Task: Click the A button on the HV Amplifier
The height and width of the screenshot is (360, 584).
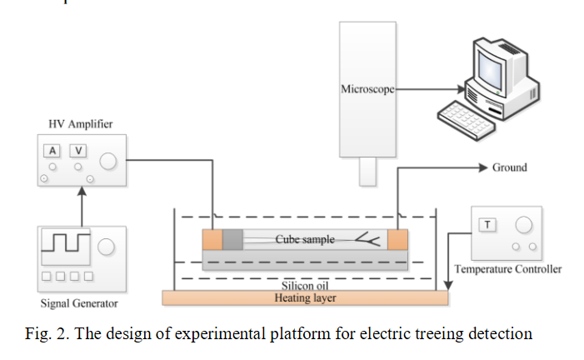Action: click(x=52, y=151)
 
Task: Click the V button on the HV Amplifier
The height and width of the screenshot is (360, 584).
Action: click(x=78, y=151)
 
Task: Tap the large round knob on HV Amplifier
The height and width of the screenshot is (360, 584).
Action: click(x=109, y=161)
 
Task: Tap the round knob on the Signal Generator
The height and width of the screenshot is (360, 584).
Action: click(x=107, y=247)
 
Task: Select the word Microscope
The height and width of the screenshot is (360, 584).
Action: click(x=367, y=88)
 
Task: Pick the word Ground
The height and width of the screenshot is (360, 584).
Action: click(x=509, y=167)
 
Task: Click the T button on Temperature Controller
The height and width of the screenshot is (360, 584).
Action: click(x=486, y=223)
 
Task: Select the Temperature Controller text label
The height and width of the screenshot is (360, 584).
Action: click(x=507, y=269)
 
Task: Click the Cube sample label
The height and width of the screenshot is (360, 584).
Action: click(x=305, y=240)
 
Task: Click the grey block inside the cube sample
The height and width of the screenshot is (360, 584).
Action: click(x=233, y=240)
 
